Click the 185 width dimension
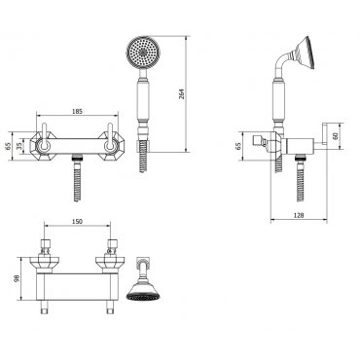click(x=77, y=111)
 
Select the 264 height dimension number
click(x=182, y=94)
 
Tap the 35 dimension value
click(x=20, y=146)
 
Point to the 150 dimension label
click(x=77, y=222)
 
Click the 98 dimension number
click(x=18, y=278)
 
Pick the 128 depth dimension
click(x=299, y=215)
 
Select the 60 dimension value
click(x=335, y=136)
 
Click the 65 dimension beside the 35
click(x=8, y=146)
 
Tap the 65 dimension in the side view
click(x=238, y=146)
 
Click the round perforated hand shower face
click(x=142, y=53)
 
